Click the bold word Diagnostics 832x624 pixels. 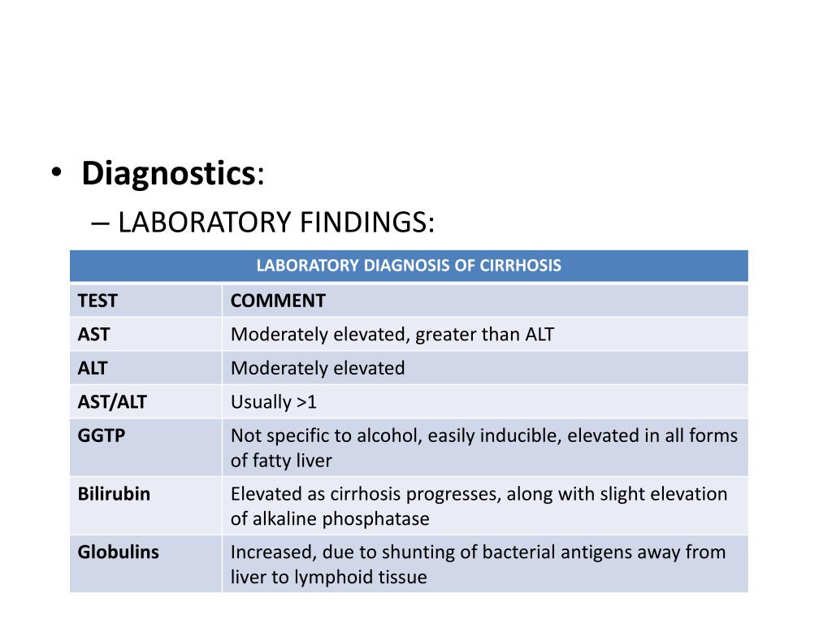[168, 173]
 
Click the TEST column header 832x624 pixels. [97, 301]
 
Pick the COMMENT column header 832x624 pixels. [278, 301]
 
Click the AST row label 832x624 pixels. [93, 334]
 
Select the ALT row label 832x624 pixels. [93, 368]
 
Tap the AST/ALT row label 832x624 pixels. [112, 401]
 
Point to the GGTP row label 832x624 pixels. [102, 435]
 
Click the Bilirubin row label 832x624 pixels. [114, 493]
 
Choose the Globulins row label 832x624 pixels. [118, 552]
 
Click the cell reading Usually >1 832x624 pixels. [273, 401]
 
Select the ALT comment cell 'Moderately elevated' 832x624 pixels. [318, 368]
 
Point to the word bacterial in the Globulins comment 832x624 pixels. [519, 552]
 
